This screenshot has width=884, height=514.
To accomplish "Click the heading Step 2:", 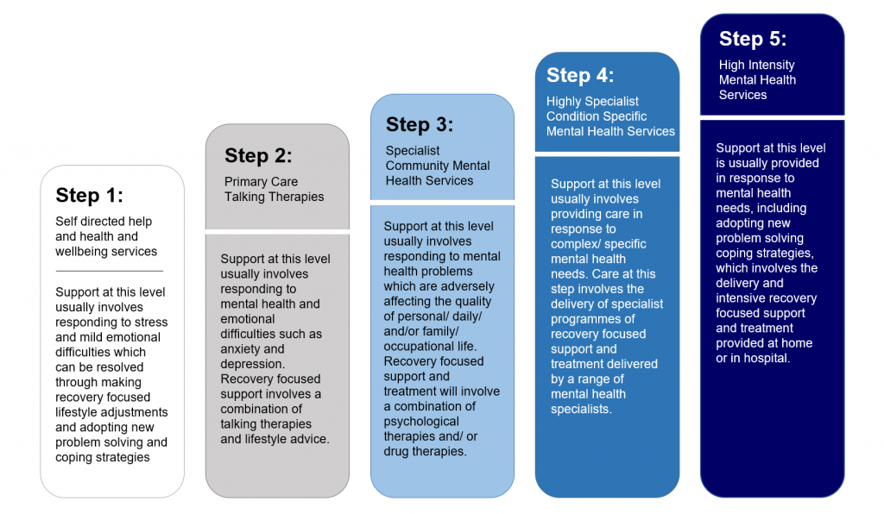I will pyautogui.click(x=258, y=155).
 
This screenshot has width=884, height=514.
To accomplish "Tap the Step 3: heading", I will pyautogui.click(x=420, y=124).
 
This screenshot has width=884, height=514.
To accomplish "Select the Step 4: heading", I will pyautogui.click(x=580, y=75).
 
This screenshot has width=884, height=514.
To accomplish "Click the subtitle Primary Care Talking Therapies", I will pyautogui.click(x=275, y=189).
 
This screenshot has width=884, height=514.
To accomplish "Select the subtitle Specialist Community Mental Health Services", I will pyautogui.click(x=438, y=166).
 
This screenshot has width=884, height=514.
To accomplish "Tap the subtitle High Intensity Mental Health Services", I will pyautogui.click(x=757, y=79).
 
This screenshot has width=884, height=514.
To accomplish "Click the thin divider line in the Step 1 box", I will pyautogui.click(x=109, y=271).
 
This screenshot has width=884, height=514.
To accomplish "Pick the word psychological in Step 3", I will pyautogui.click(x=421, y=422).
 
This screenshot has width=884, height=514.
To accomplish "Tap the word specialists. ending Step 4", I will pyautogui.click(x=581, y=409).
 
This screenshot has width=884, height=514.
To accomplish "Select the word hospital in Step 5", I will pyautogui.click(x=760, y=358).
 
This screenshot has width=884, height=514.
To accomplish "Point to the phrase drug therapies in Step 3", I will pyautogui.click(x=425, y=451).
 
